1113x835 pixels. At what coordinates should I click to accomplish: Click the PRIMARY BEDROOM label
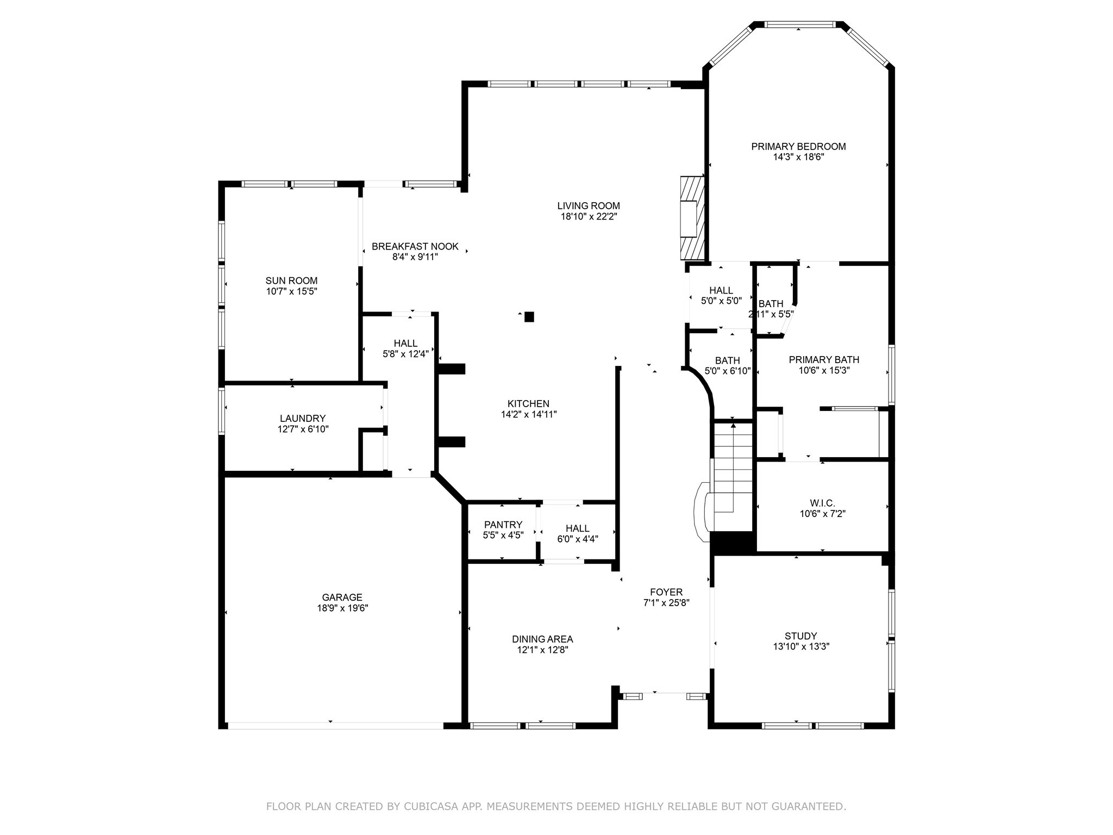798,146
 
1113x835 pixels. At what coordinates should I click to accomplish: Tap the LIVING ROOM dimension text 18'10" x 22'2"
589,216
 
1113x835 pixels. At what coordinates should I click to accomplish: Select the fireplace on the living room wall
692,217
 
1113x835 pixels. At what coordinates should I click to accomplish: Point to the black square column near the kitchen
529,316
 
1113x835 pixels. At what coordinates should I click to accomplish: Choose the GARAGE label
342,597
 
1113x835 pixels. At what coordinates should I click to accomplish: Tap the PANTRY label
503,525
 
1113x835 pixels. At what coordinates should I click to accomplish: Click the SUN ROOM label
291,281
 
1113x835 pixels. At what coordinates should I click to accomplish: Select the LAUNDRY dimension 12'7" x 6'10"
303,429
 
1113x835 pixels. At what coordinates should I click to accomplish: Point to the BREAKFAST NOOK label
415,246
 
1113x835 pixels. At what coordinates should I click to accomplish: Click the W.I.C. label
822,503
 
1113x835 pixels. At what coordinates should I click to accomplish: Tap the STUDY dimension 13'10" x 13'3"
801,646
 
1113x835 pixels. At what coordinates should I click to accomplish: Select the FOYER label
666,592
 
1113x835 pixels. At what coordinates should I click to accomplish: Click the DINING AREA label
542,639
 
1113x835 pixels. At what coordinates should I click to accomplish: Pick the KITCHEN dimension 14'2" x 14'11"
529,414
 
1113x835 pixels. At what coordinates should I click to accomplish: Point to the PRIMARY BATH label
824,359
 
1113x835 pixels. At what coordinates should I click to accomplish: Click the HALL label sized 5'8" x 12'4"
405,343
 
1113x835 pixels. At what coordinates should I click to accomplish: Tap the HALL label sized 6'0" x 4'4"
577,528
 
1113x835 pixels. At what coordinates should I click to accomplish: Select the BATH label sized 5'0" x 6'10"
727,360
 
